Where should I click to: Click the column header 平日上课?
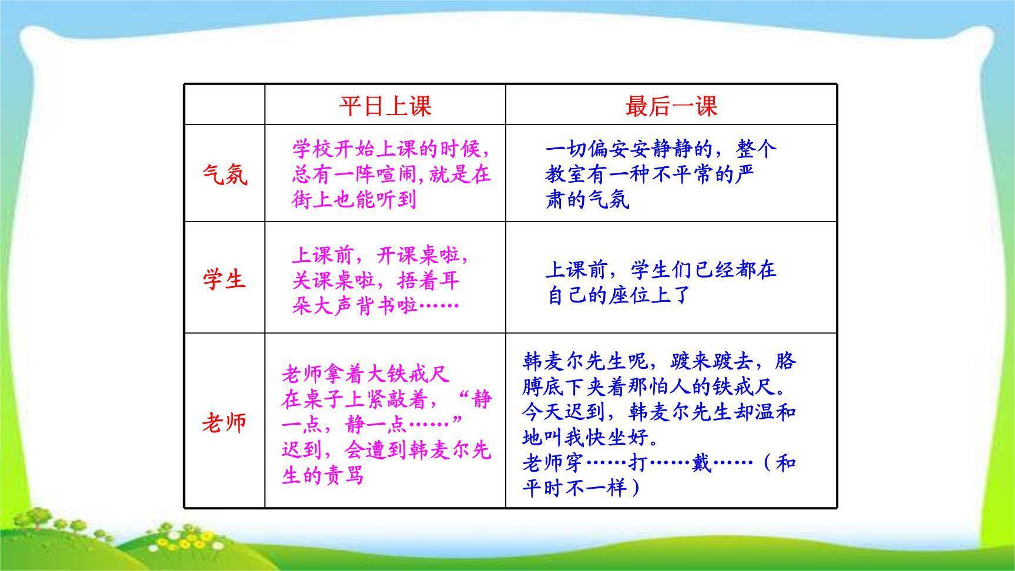[x=385, y=106]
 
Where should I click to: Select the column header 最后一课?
[x=671, y=106]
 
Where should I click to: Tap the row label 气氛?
[x=224, y=174]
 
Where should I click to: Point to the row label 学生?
[x=224, y=278]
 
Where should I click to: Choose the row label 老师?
[x=224, y=422]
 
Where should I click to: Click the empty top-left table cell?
[x=224, y=105]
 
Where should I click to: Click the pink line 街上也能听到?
[x=354, y=200]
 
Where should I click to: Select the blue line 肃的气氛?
[x=587, y=200]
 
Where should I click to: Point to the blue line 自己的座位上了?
[x=618, y=294]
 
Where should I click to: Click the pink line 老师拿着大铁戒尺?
[x=365, y=374]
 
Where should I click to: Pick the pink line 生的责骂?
[x=323, y=475]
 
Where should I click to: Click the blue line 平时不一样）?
[x=582, y=488]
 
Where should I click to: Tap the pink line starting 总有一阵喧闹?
[x=391, y=174]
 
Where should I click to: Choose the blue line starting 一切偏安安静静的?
[x=661, y=149]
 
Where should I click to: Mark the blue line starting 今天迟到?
[x=658, y=412]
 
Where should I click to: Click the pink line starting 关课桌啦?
[x=375, y=280]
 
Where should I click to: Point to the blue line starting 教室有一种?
[x=650, y=174]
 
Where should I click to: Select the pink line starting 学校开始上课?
[x=391, y=149]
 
